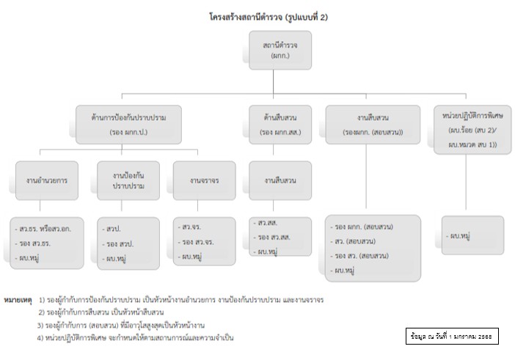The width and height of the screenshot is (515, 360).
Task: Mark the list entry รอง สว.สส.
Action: point(273,236)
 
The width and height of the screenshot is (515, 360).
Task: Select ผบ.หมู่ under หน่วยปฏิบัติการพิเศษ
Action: point(461,236)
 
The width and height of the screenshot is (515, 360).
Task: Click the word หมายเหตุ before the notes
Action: point(16,300)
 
